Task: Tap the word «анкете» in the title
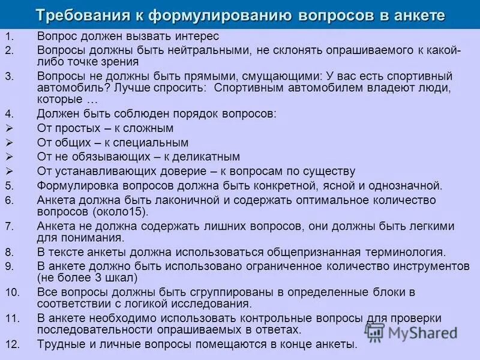[413, 15]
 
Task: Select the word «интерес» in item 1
[196, 36]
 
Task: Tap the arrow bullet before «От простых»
[9, 128]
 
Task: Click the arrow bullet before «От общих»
[9, 143]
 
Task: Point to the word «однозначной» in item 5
[401, 185]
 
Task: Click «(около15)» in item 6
[116, 212]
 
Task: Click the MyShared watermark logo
[411, 332]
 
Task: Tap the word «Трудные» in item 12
[60, 344]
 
